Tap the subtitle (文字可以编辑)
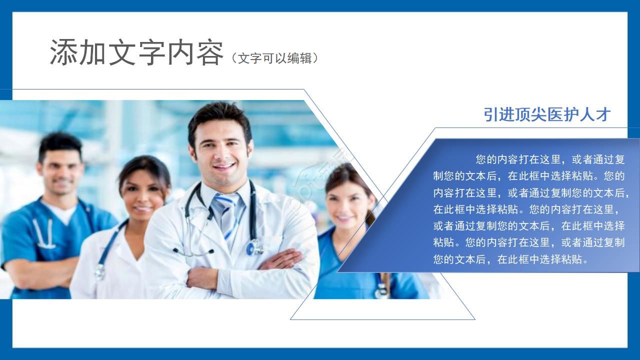(x=274, y=58)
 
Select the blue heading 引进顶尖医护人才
(x=547, y=114)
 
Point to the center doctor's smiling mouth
(x=223, y=166)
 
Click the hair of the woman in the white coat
(x=145, y=165)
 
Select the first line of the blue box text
(x=550, y=159)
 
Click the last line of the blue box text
(x=509, y=259)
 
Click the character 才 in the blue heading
(x=603, y=114)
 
